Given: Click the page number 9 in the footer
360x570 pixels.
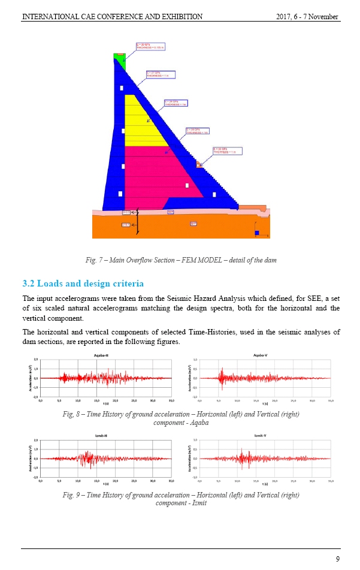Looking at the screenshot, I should click(x=338, y=559).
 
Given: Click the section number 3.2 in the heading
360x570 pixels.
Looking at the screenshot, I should click(x=29, y=283).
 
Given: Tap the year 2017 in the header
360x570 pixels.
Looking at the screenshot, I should click(x=285, y=17).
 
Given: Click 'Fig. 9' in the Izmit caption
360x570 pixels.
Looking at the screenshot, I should click(x=72, y=495).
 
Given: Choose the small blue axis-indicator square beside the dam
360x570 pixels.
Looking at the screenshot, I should click(x=256, y=232).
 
